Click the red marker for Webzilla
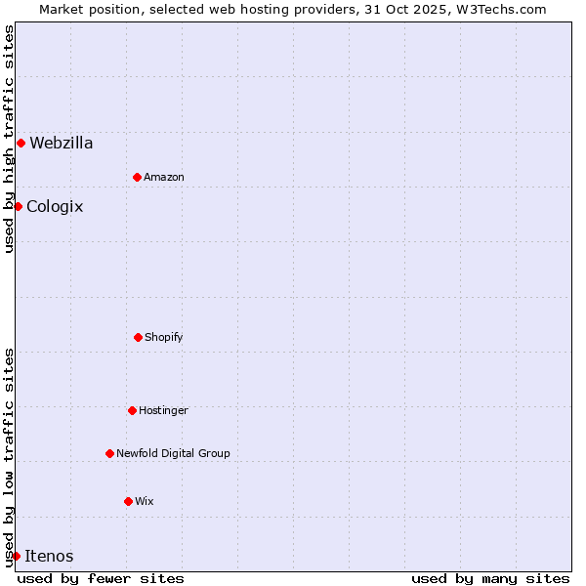(21, 143)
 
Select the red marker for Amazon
(137, 177)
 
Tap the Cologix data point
(18, 206)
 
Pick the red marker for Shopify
(138, 337)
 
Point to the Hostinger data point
(132, 410)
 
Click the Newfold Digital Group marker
(109, 453)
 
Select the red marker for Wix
(128, 501)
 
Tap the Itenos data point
(16, 556)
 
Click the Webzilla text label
(62, 144)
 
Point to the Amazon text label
(164, 177)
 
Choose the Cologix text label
(55, 207)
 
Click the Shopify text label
(164, 337)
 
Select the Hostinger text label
(163, 410)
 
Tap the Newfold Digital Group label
(173, 453)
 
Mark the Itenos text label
(49, 557)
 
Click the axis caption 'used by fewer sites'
(101, 578)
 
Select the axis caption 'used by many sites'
(490, 578)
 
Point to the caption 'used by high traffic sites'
(9, 139)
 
